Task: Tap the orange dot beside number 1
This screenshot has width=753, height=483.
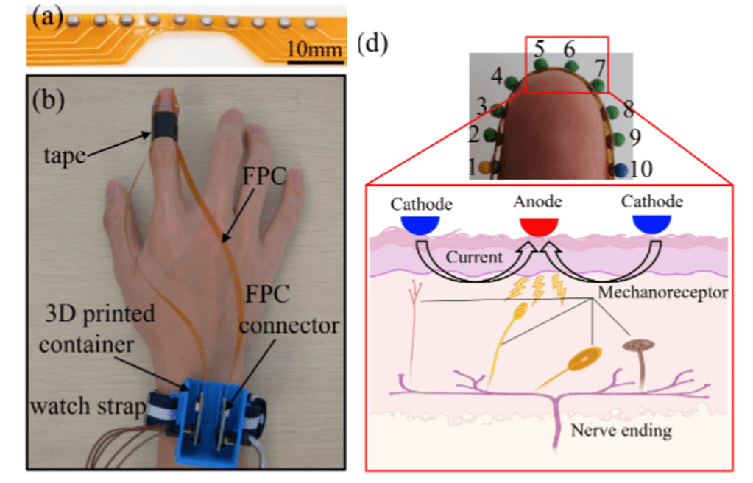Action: [484, 167]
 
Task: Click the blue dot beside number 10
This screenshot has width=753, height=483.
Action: [621, 169]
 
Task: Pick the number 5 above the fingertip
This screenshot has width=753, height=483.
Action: [540, 50]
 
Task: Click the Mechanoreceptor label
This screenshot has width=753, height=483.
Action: [663, 292]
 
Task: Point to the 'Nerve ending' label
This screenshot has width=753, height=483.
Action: [621, 429]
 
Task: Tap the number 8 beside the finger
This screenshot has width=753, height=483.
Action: [628, 110]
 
